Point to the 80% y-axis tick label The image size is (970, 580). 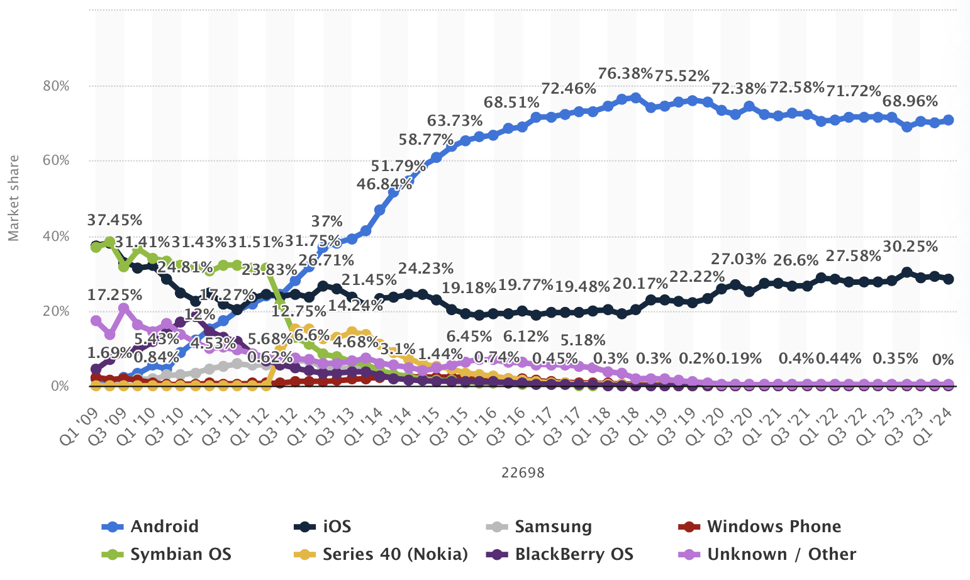[x=56, y=86]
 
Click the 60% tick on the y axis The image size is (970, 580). [x=56, y=161]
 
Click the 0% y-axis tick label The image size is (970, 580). [x=60, y=386]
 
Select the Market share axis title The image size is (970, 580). [x=14, y=198]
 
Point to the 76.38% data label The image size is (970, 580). [x=625, y=74]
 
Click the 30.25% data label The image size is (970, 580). [x=910, y=247]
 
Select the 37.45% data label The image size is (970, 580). [x=114, y=220]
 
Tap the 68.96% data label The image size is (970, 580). [x=910, y=101]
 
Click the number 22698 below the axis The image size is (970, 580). [x=523, y=472]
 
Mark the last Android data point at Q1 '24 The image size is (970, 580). [x=949, y=120]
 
